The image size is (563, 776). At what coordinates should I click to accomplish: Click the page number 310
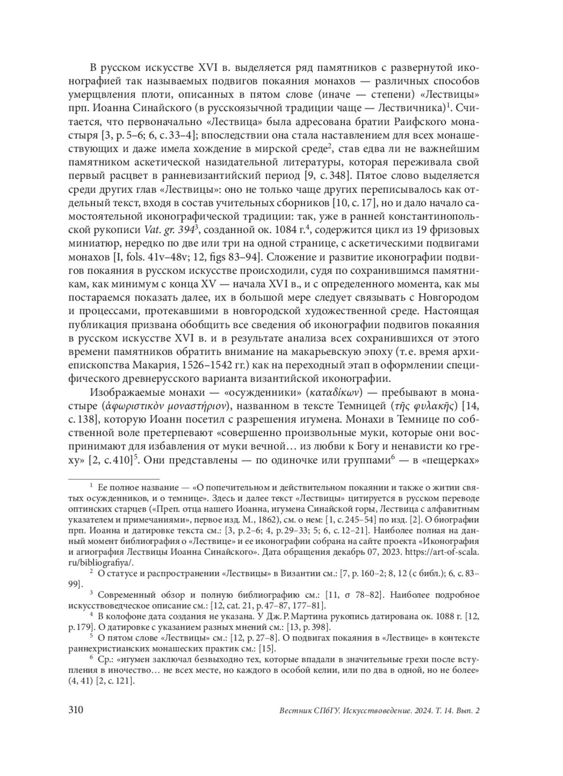click(x=76, y=710)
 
